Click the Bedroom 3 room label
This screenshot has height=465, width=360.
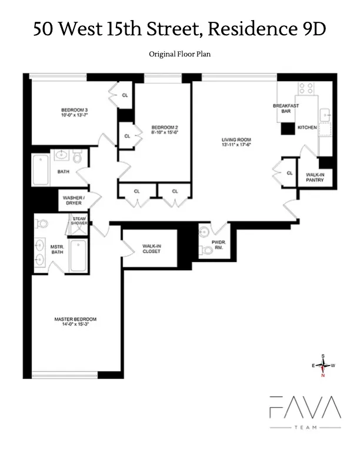pyautogui.click(x=74, y=109)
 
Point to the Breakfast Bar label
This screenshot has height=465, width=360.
pyautogui.click(x=286, y=108)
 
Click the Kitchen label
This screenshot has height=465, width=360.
pyautogui.click(x=307, y=128)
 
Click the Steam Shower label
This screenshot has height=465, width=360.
pyautogui.click(x=79, y=221)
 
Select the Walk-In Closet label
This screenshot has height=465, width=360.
pyautogui.click(x=151, y=249)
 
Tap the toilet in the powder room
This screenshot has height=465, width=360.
pyautogui.click(x=205, y=250)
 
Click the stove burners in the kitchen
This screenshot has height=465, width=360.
pyautogui.click(x=306, y=89)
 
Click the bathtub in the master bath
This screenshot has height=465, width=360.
pyautogui.click(x=78, y=255)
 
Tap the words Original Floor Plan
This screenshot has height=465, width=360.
pyautogui.click(x=180, y=54)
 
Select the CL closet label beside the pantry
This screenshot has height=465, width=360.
pyautogui.click(x=289, y=173)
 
